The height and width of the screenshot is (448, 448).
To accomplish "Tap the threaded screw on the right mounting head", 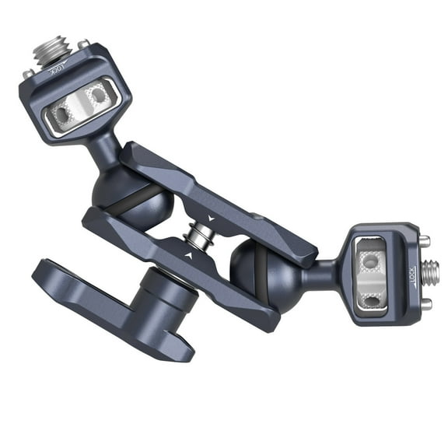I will pos(430,272).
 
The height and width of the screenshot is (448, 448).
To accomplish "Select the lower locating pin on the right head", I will pos(425,305).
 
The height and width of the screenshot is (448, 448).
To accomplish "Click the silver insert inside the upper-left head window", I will pos(81,105).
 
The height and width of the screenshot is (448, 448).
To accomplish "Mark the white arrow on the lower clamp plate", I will pos(189,254).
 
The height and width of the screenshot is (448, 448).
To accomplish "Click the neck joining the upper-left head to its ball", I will pos(105,152).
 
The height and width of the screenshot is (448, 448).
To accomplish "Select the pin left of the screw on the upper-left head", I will pos(28,74).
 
